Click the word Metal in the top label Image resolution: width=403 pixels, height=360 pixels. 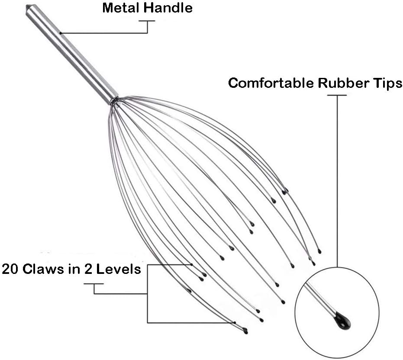click(x=121, y=8)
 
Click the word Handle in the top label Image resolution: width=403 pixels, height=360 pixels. click(x=168, y=8)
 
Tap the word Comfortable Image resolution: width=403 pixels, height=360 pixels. click(x=271, y=83)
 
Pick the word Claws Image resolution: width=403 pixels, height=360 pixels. click(x=43, y=269)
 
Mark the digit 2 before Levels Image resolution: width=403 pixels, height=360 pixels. click(x=88, y=269)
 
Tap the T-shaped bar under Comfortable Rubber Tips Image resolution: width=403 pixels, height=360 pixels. click(x=337, y=96)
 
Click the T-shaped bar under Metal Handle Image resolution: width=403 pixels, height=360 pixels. click(x=147, y=21)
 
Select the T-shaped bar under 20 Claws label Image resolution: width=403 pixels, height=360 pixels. click(x=94, y=284)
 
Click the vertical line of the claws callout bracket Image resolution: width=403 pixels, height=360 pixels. click(x=147, y=294)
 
